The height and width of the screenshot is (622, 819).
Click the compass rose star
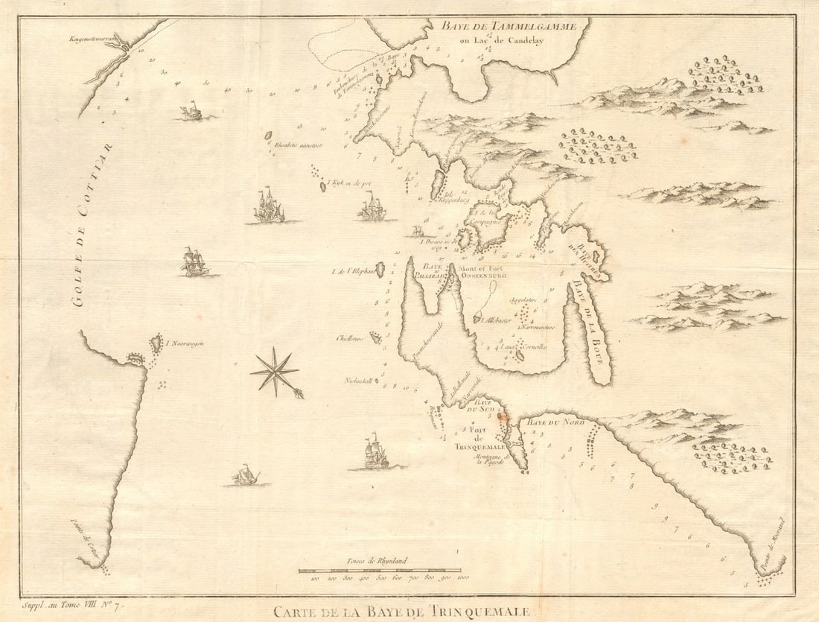pos(275,371)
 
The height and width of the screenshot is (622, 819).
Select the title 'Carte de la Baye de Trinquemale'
pos(401,612)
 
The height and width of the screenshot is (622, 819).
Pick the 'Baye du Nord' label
pos(556,422)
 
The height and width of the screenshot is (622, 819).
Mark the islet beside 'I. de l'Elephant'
pos(380,269)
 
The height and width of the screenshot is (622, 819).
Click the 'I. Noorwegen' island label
pos(185,343)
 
